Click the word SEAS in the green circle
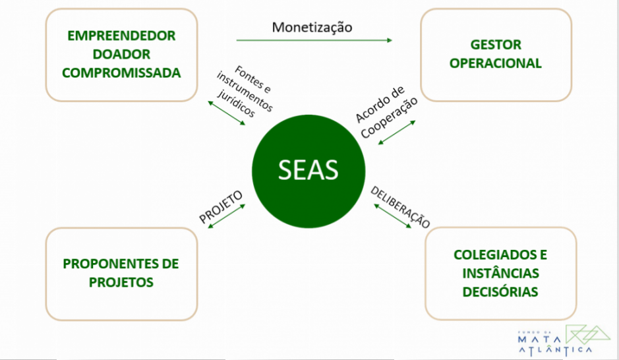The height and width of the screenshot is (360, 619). coord(308,170)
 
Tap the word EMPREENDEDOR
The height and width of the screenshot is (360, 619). coord(121,36)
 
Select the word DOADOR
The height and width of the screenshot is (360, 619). coord(121,54)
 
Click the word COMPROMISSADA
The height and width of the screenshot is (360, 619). coord(121,73)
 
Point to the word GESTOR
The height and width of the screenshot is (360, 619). coord(496,45)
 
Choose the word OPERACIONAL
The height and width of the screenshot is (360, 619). coord(496,64)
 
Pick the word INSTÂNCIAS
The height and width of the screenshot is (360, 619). coord(500,273)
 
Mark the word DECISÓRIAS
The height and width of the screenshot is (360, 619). coord(500,291)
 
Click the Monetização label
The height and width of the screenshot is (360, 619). coord(312,27)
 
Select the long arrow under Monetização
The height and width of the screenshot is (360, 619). coord(314,40)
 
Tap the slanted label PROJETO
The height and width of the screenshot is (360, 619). coord(221,206)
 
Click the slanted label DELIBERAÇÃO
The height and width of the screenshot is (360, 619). coord(400,207)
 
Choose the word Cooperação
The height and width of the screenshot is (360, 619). coord(390,117)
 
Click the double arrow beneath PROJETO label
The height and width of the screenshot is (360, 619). coord(226,217)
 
